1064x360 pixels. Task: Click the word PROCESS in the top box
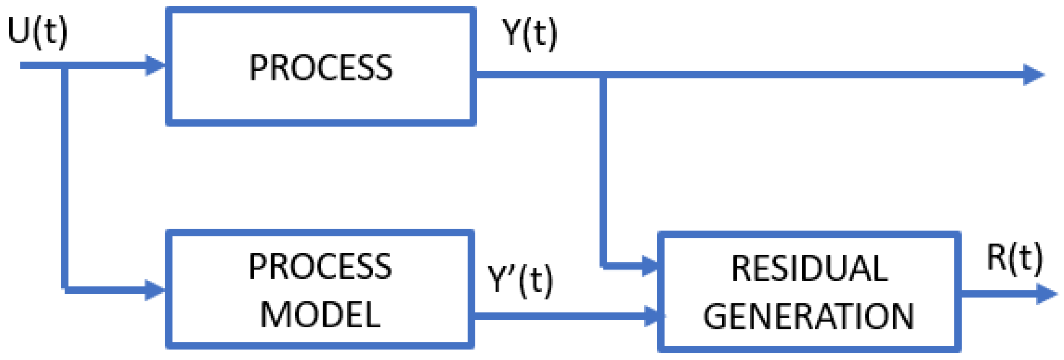(x=321, y=68)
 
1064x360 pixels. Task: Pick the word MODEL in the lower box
(x=320, y=315)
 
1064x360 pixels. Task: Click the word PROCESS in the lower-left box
(x=320, y=267)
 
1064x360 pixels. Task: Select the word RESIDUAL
(x=809, y=269)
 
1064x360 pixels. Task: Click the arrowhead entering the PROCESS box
(x=155, y=65)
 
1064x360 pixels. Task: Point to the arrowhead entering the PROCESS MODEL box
(x=155, y=290)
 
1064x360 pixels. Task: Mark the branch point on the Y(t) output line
(x=604, y=75)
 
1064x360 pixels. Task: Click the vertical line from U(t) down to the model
(x=65, y=176)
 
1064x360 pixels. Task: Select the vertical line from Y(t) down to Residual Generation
(x=604, y=168)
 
